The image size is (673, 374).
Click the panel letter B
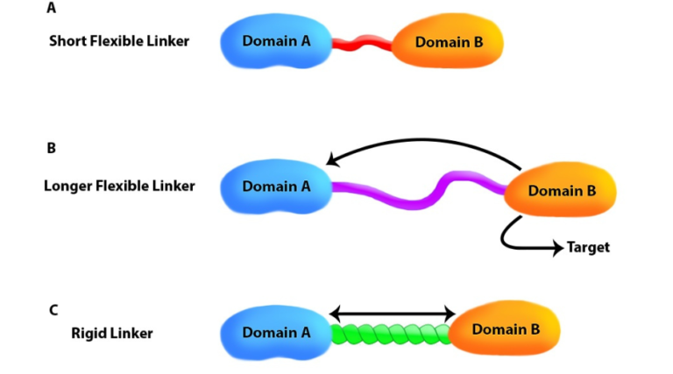pyautogui.click(x=52, y=148)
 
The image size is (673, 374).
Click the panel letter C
pyautogui.click(x=53, y=309)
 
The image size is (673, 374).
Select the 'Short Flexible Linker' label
pyautogui.click(x=119, y=41)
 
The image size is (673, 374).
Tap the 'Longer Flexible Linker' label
pyautogui.click(x=119, y=186)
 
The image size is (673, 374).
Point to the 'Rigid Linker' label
pyautogui.click(x=112, y=333)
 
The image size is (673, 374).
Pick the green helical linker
pyautogui.click(x=391, y=334)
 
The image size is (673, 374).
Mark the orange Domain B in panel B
pyautogui.click(x=560, y=191)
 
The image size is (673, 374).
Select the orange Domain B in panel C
pyautogui.click(x=505, y=329)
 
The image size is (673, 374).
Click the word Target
pyautogui.click(x=588, y=248)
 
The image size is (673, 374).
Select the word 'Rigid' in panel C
pyautogui.click(x=89, y=333)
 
